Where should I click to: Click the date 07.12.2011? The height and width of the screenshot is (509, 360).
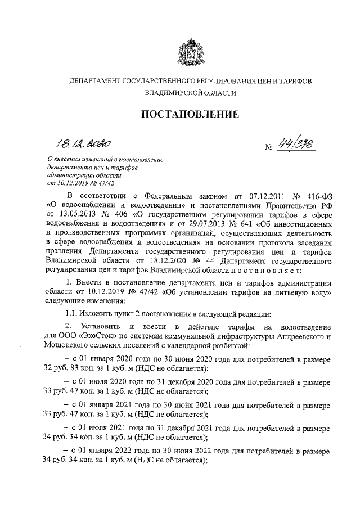coord(260,197)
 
